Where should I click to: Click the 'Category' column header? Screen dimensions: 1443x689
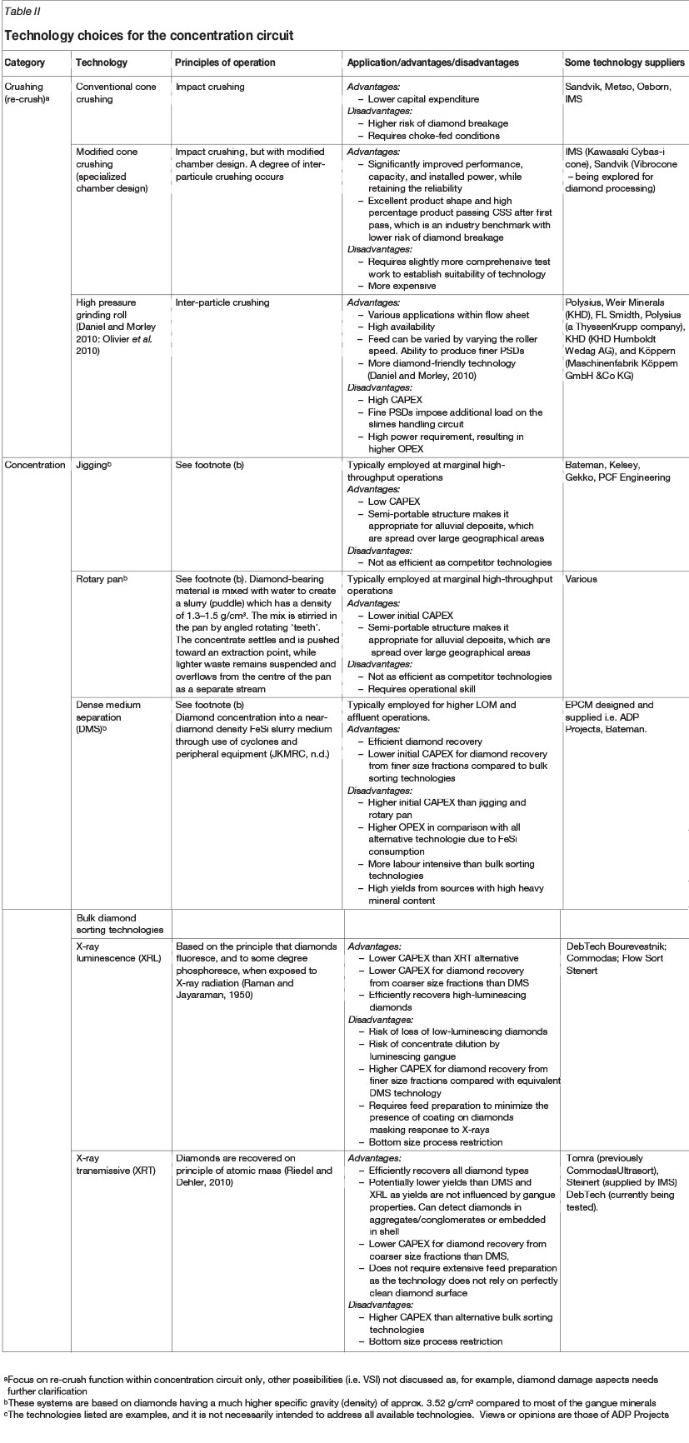point(25,62)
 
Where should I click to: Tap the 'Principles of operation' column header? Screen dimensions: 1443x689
point(225,62)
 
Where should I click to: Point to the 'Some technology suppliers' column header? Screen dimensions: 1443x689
point(624,62)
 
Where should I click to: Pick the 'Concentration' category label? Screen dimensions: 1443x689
point(35,465)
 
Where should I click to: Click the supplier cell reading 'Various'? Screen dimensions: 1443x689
point(581,579)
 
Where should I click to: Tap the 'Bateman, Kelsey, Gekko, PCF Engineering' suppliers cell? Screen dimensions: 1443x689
point(617,472)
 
